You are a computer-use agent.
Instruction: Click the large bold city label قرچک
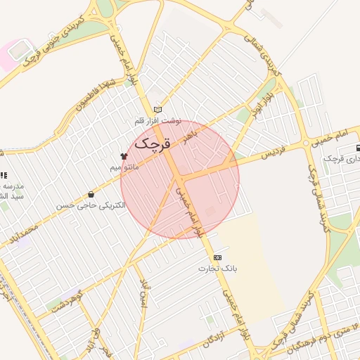154,146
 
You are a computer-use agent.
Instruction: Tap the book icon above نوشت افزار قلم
157,110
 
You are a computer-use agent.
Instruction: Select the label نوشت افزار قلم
158,121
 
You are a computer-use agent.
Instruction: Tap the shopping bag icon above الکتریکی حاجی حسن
91,195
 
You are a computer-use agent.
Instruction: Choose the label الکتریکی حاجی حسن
91,206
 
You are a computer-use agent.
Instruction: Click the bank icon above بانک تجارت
217,257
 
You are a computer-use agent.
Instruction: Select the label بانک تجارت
218,269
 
